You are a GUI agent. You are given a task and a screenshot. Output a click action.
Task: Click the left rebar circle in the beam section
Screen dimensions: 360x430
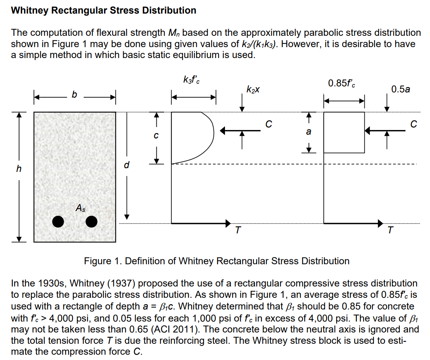(58, 222)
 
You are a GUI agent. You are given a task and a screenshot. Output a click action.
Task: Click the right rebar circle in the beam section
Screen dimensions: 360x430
(91, 222)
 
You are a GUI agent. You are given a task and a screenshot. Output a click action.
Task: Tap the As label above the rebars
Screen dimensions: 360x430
(80, 208)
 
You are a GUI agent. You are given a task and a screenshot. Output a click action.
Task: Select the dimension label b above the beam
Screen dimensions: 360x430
(74, 95)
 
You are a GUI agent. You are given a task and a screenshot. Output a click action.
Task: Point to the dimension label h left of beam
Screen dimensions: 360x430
(18, 169)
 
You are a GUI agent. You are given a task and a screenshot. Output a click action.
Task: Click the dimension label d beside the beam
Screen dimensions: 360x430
(127, 165)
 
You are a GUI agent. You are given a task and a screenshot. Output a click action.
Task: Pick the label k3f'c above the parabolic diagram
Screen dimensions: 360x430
(191, 80)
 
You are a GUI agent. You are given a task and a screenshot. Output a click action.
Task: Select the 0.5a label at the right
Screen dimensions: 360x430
(401, 89)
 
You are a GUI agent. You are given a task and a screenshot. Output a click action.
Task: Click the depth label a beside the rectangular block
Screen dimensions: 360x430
(309, 132)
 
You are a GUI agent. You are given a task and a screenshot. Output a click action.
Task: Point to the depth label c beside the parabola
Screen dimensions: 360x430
(156, 135)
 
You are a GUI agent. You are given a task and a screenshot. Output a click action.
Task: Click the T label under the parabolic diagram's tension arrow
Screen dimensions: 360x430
(237, 230)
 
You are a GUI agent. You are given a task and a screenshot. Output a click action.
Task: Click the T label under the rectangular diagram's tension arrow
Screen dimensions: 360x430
(390, 230)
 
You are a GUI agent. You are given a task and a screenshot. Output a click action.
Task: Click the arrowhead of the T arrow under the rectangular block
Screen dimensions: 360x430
(381, 223)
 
